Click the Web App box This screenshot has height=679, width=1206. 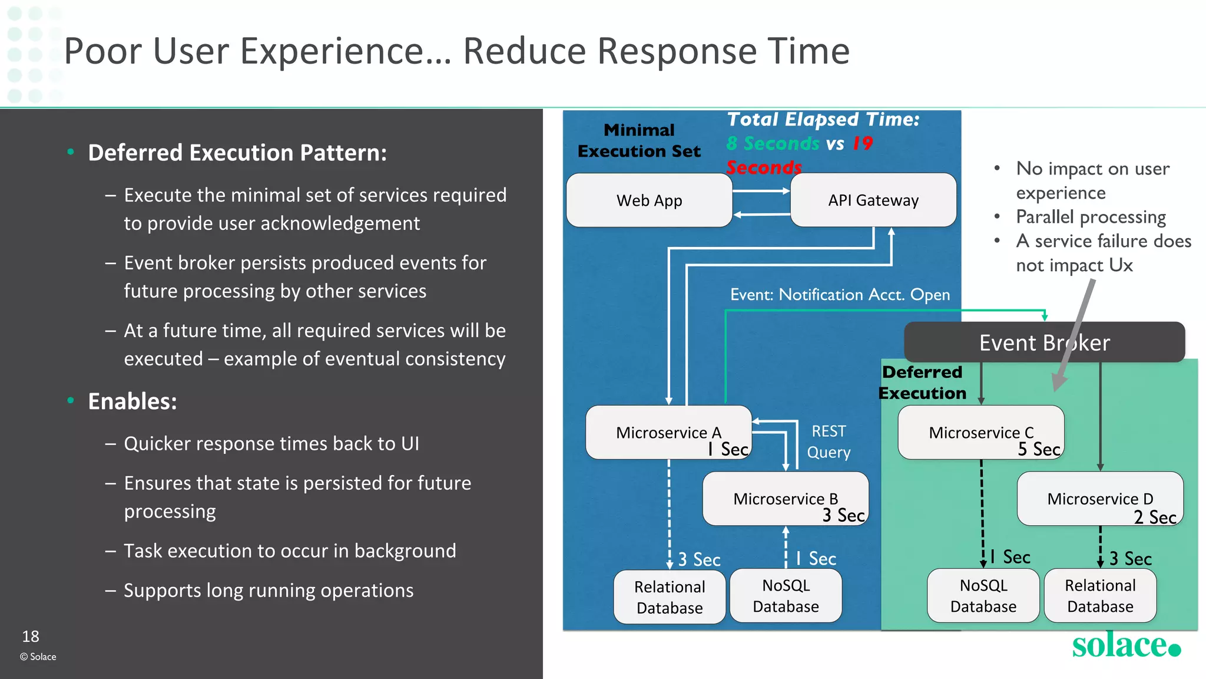pyautogui.click(x=649, y=200)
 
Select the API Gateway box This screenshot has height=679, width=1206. pyautogui.click(x=873, y=200)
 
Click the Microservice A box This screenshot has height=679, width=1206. pyautogui.click(x=668, y=433)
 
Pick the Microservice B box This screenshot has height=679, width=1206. pyautogui.click(x=785, y=499)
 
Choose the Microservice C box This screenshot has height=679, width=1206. pyautogui.click(x=980, y=433)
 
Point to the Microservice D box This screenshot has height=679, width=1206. pyautogui.click(x=1099, y=499)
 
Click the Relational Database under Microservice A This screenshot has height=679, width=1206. pyautogui.click(x=670, y=597)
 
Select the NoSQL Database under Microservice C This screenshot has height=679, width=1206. pyautogui.click(x=983, y=596)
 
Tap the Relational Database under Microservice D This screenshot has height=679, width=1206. pyautogui.click(x=1100, y=596)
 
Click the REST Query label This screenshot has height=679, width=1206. pyautogui.click(x=829, y=442)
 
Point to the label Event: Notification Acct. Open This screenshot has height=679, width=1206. pyautogui.click(x=840, y=295)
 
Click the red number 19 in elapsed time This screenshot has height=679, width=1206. pyautogui.click(x=863, y=143)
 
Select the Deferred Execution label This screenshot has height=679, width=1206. pyautogui.click(x=922, y=383)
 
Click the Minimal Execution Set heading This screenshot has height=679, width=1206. pyautogui.click(x=639, y=140)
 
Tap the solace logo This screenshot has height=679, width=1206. pyautogui.click(x=1125, y=645)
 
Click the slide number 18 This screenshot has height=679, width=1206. pyautogui.click(x=31, y=637)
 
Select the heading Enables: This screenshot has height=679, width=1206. pyautogui.click(x=132, y=401)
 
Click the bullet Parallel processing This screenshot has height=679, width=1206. pyautogui.click(x=1091, y=217)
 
